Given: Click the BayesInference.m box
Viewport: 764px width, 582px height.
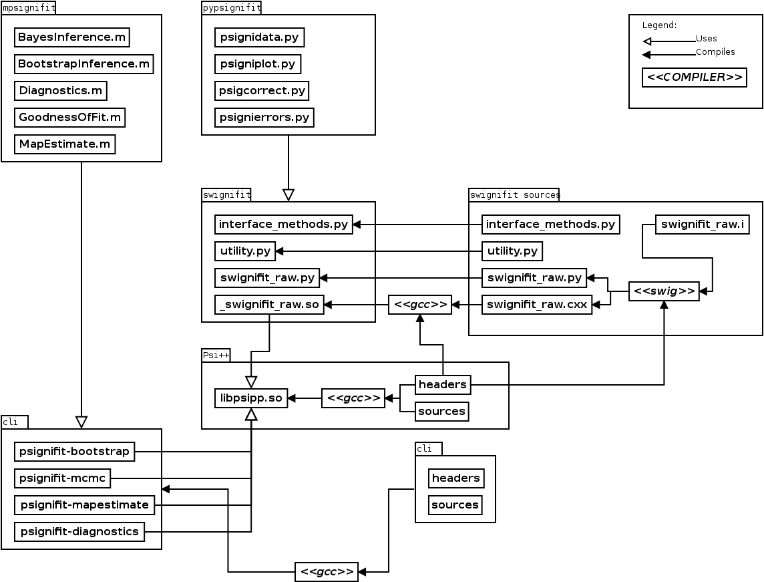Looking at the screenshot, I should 71,37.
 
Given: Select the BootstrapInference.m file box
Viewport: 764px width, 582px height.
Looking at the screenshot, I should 84,64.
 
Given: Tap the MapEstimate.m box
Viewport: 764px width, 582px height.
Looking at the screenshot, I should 65,144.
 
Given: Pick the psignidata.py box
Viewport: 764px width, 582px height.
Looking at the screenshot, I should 260,37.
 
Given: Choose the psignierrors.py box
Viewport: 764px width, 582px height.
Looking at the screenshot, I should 264,118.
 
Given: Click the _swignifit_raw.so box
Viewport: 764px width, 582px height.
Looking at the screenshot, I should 269,305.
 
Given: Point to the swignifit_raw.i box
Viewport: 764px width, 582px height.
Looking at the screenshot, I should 702,225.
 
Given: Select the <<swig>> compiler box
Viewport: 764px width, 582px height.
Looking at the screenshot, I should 664,291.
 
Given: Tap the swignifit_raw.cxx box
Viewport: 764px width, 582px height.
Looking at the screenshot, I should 537,305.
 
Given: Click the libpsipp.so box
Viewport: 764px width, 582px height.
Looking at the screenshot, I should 251,398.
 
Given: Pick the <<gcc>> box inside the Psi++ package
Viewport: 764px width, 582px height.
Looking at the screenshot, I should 353,398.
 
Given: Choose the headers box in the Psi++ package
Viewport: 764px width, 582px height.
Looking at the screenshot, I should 442,385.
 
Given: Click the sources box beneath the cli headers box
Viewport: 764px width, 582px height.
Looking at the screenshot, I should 455,504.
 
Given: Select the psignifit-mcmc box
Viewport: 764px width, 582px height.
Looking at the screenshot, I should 63,478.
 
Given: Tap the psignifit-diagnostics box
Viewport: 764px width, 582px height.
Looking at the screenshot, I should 79,532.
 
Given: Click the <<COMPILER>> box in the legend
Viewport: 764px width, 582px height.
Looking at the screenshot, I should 694,78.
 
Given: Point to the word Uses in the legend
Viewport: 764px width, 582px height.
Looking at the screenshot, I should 706,39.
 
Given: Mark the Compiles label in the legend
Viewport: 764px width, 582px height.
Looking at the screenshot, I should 715,52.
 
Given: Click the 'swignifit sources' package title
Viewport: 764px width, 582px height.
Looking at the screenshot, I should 514,195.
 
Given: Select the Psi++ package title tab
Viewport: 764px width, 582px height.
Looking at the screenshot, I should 216,355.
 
